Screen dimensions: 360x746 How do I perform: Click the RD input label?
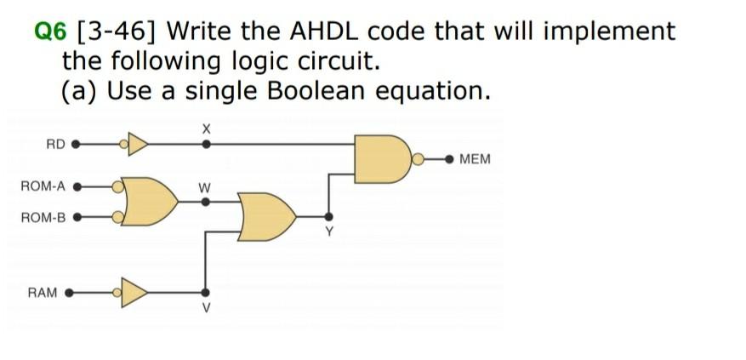coord(55,144)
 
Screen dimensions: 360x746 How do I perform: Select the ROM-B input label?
coord(43,217)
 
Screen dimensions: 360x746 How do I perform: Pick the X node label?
coord(205,128)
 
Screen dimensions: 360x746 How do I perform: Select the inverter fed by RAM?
coord(136,294)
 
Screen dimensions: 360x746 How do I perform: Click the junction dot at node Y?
coord(328,216)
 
